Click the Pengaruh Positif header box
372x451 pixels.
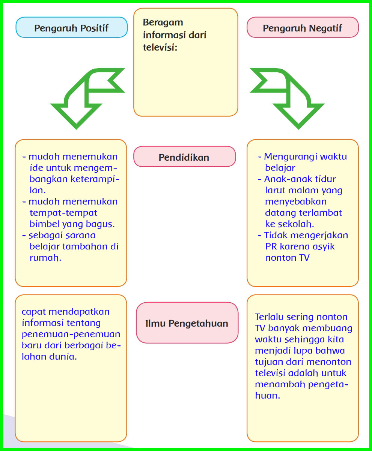(71, 28)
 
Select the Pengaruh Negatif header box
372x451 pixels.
(303, 28)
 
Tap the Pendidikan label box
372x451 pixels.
(184, 157)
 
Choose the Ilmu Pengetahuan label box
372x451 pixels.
(187, 323)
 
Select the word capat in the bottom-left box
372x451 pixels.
(33, 311)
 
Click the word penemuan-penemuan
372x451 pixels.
(71, 334)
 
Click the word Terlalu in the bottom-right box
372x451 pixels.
(269, 317)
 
